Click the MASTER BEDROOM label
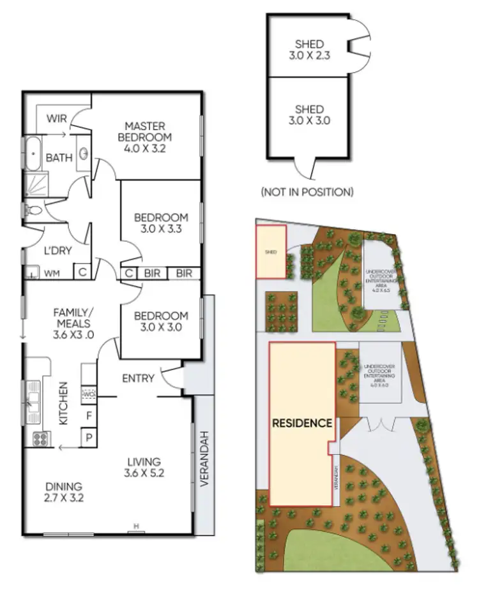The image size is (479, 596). (x=148, y=131)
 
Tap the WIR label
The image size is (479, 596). (x=57, y=119)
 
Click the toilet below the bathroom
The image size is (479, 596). (x=33, y=209)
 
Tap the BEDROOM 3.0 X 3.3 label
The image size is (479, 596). (x=161, y=223)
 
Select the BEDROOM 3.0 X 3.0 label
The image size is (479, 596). (x=161, y=322)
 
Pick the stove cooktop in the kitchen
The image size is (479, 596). (x=42, y=439)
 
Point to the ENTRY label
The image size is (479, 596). (x=138, y=378)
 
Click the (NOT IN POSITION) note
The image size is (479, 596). (x=307, y=191)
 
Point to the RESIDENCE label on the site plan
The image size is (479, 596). (x=302, y=422)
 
